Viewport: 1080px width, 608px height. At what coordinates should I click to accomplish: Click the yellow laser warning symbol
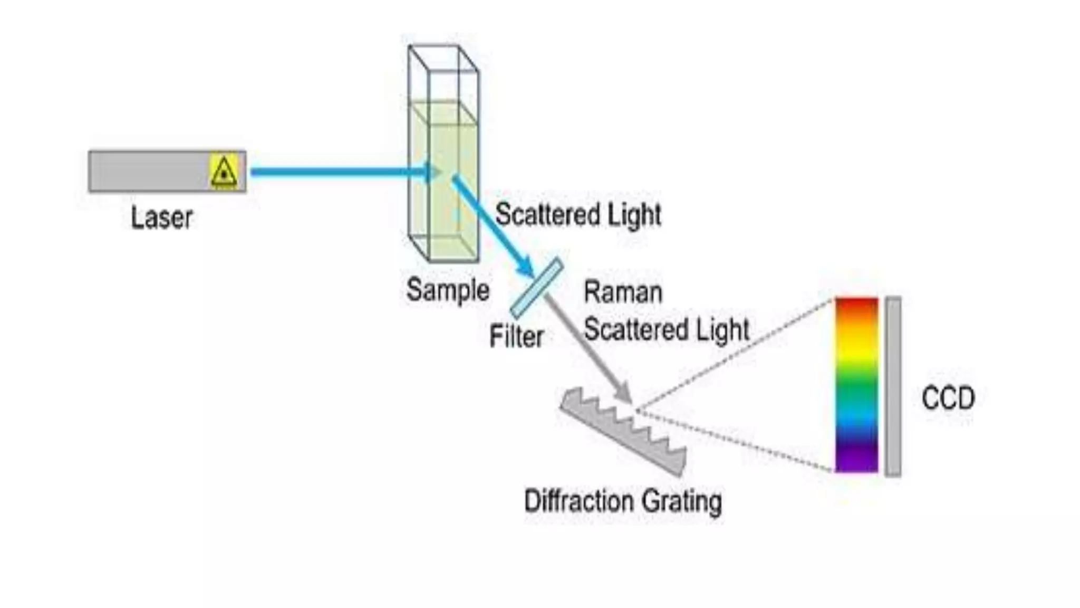coord(224,171)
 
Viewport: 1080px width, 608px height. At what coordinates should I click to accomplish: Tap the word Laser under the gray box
coord(161,217)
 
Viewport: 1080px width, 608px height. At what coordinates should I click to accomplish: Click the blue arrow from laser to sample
coord(337,172)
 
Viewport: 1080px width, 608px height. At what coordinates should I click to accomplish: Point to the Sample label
coord(448,290)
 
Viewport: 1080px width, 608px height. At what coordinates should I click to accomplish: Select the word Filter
coord(516,337)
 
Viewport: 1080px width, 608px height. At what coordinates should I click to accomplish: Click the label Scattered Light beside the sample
coord(578,215)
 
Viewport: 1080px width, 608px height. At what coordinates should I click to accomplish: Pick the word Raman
coord(623,292)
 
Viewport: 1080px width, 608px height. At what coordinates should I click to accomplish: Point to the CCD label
coord(948,398)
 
